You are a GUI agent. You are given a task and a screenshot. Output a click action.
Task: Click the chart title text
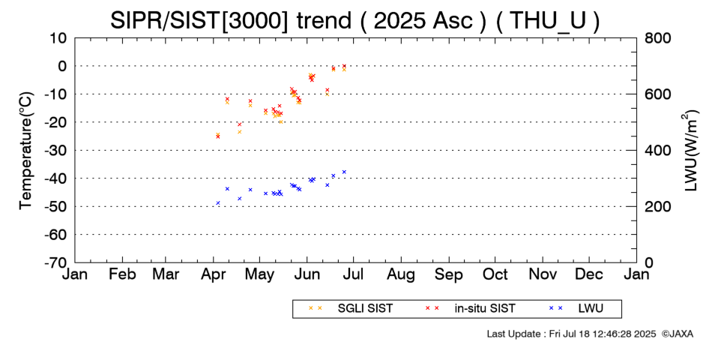tap(355, 20)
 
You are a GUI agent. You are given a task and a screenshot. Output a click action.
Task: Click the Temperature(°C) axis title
tap(26, 151)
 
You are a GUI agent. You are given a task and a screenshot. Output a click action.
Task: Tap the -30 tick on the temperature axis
tap(55, 150)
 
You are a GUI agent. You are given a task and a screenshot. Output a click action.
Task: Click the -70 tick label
tap(55, 262)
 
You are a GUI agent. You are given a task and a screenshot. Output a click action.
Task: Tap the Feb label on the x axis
tap(123, 274)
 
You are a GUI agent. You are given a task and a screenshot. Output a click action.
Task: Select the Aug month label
tap(401, 275)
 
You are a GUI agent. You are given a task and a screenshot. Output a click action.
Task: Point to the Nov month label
tap(543, 274)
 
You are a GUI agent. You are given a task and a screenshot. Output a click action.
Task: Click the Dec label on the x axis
tap(589, 274)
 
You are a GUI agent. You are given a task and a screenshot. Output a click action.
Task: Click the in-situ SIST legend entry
tap(470, 308)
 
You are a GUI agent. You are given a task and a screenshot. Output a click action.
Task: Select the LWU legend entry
tap(576, 308)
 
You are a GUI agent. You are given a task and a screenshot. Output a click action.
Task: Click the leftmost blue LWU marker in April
tap(218, 203)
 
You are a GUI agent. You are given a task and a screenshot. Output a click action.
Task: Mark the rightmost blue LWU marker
tap(344, 172)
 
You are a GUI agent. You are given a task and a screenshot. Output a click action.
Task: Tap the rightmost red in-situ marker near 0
tap(344, 66)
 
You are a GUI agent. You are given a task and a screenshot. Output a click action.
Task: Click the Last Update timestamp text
tap(571, 334)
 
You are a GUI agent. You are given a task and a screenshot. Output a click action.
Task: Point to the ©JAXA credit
tap(678, 334)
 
